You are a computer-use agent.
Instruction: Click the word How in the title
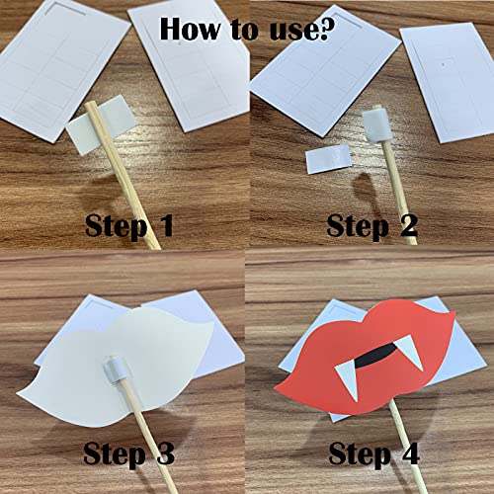pos(190,29)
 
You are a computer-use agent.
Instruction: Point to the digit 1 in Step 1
pos(165,225)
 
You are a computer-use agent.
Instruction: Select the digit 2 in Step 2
pos(409,225)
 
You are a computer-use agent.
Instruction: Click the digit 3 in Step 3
pos(165,453)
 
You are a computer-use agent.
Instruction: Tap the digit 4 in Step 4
pos(409,453)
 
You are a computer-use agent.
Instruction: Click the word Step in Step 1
pos(116,227)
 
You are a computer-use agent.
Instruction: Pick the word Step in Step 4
pos(360,456)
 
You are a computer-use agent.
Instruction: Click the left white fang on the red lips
pos(348,378)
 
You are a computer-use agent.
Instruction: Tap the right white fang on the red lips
pos(409,353)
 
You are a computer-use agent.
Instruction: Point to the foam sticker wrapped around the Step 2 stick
pos(377,126)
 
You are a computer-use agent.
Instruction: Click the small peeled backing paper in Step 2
pos(327,159)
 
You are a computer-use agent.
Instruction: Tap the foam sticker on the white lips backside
pos(115,370)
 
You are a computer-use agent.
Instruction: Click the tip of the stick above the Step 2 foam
pos(377,108)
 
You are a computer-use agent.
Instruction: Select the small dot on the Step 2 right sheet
pos(444,61)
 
